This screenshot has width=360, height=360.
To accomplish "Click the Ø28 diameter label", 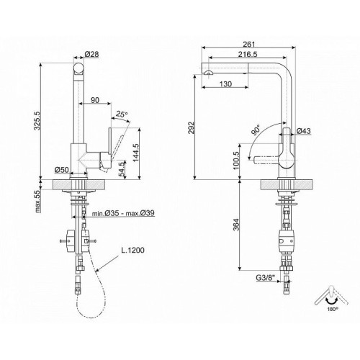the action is coord(91,54).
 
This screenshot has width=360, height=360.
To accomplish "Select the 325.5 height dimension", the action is coord(37,120).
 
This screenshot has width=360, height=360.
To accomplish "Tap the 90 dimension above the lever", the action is coord(95,100).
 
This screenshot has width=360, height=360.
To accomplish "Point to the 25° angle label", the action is coord(122,114).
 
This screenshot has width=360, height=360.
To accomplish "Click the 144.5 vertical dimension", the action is coord(136,153).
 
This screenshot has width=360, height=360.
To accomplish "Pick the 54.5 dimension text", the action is coord(122,169).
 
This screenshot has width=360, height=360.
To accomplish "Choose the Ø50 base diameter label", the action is coord(62,170).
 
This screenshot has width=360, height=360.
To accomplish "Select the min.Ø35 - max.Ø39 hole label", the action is coord(123,213).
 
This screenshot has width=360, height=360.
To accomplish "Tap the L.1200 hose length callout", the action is coord(132,250).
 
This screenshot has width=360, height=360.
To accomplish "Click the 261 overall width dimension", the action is coord(249,45).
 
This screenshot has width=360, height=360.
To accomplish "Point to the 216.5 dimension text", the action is coord(248,55).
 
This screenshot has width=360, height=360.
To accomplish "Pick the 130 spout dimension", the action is coord(225,84).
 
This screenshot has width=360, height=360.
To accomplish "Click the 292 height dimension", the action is coord(191,127).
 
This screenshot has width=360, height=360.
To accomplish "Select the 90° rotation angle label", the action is coord(256,130).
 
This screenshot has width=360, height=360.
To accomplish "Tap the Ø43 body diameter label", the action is coord(304,131).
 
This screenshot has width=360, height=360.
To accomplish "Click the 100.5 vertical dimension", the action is coord(236,161).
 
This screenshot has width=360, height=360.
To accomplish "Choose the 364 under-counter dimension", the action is coord(237,225).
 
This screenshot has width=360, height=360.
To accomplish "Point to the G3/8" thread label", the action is coord(265,278).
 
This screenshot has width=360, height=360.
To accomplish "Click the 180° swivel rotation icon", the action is coord(331,298).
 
